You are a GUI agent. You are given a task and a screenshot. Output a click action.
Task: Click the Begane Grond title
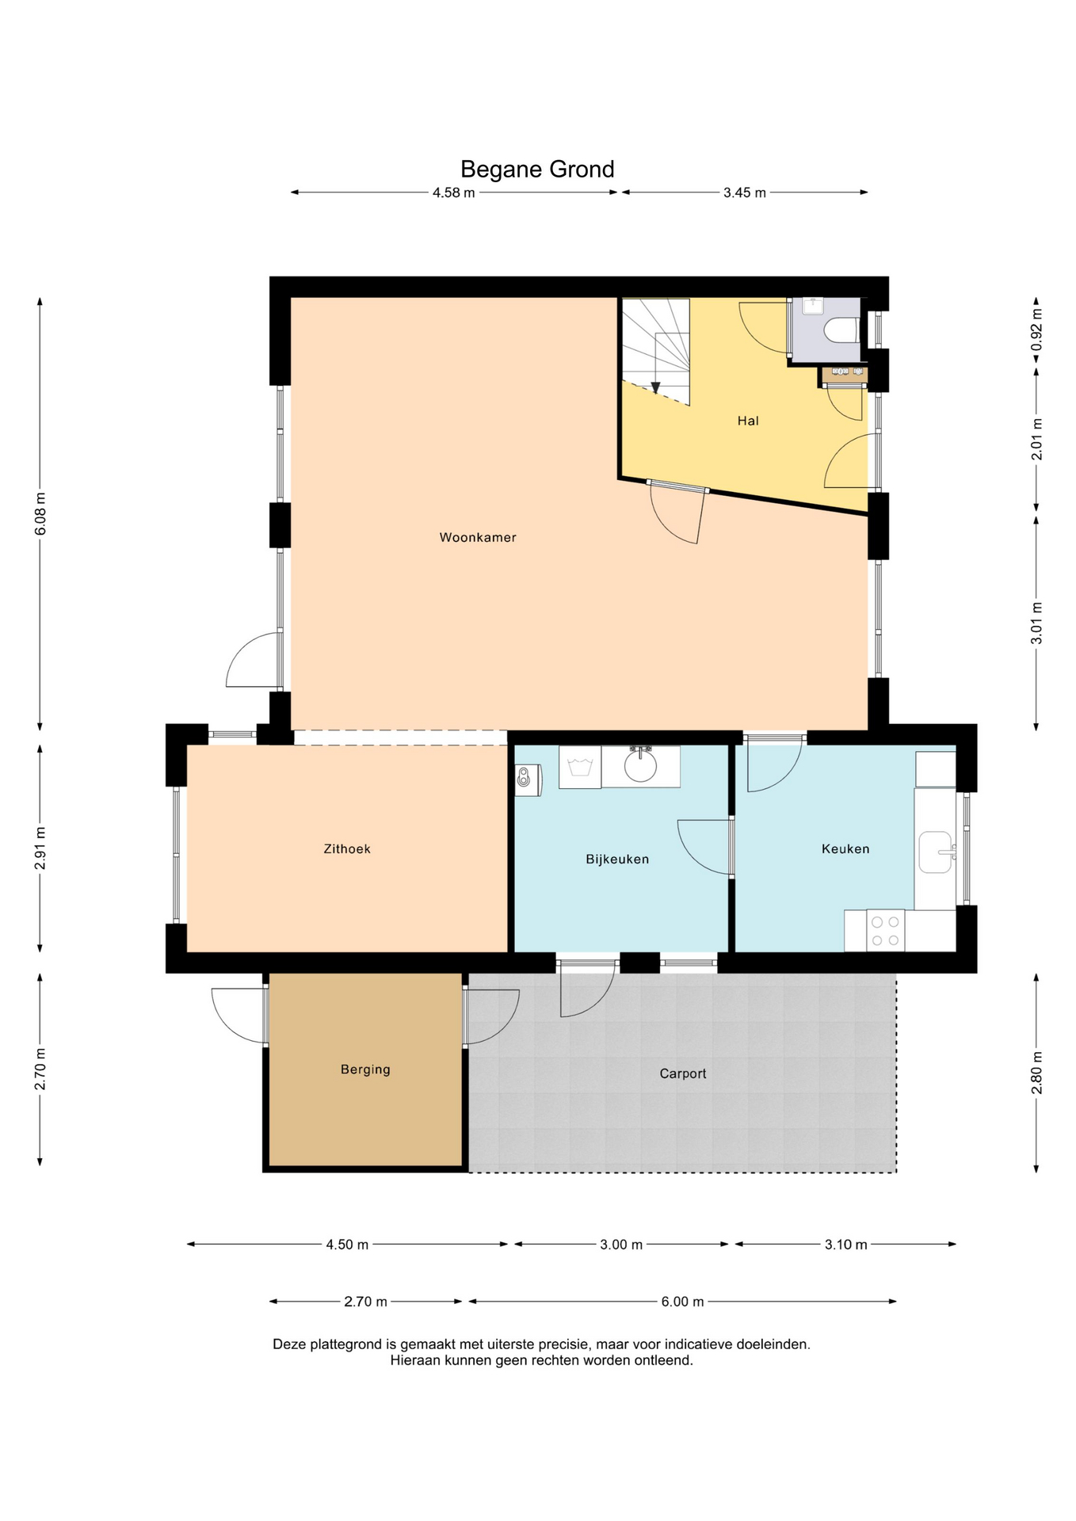537,170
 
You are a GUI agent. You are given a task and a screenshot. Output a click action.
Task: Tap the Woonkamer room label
478,538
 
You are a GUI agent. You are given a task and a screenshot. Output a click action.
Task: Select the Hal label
748,421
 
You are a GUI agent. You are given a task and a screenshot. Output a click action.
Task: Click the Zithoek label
347,849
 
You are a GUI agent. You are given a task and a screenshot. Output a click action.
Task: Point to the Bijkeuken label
617,860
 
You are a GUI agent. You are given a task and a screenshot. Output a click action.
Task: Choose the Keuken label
845,849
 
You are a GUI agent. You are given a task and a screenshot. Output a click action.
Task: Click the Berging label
365,1070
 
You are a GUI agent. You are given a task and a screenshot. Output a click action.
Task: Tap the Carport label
683,1074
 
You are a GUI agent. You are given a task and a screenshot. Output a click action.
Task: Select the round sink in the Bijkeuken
640,765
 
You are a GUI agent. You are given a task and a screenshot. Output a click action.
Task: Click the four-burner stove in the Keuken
885,931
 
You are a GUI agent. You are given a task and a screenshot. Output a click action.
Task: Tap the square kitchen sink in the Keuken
936,852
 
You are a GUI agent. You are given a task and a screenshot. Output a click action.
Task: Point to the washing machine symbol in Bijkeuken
580,767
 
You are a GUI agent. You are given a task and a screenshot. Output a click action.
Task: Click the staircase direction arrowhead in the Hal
655,387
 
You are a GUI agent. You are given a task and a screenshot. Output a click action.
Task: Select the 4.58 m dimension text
454,193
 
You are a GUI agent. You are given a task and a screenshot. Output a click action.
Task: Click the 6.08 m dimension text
41,513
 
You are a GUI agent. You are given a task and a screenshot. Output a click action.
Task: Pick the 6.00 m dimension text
683,1302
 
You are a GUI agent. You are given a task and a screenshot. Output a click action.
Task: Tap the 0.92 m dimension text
1036,330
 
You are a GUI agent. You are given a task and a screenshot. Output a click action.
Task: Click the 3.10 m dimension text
846,1245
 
